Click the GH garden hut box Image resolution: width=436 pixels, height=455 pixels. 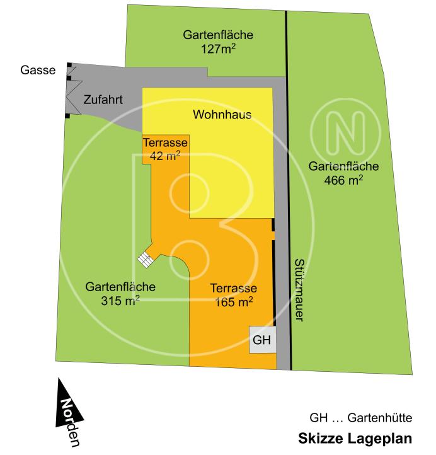coord(262,340)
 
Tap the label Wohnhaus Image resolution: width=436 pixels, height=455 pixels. coord(222,115)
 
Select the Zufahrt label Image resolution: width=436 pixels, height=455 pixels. coord(103,100)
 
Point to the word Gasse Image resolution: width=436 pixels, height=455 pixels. coord(38,70)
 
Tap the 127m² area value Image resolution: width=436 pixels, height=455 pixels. coord(219,48)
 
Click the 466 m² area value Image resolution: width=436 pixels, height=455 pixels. coord(343,180)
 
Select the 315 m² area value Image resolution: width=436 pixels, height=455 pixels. coord(120,301)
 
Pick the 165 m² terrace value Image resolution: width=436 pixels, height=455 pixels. coord(233,302)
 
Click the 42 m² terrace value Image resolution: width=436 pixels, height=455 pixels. coord(165,155)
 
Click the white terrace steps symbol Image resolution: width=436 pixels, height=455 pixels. coord(146,259)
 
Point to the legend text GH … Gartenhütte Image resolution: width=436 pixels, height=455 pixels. coord(360,417)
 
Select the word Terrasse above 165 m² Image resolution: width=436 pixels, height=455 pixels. coord(233,288)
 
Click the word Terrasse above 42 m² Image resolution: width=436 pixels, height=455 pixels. coord(165,142)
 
